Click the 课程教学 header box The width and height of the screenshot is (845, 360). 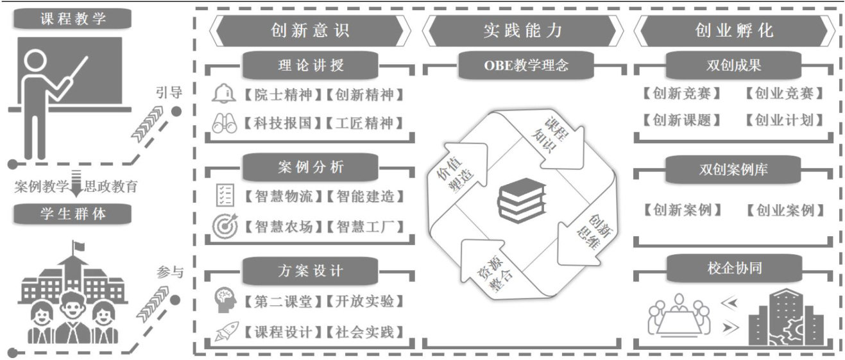tap(74, 19)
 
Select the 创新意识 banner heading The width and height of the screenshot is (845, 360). tap(310, 30)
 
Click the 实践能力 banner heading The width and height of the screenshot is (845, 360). tap(522, 30)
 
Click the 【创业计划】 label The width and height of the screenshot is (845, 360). tap(784, 120)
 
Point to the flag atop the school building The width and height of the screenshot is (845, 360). tap(78, 246)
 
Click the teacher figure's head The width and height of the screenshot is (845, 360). tap(35, 62)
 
